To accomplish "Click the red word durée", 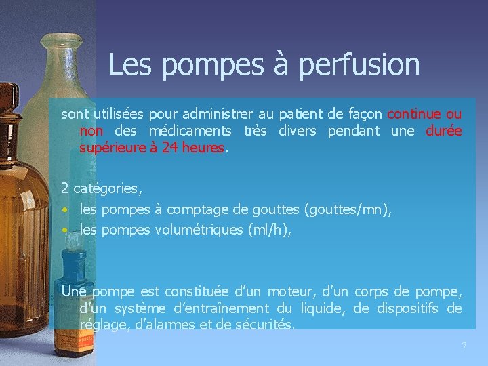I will click(x=444, y=130).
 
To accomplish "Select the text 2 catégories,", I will click(x=102, y=187).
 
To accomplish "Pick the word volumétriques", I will click(x=199, y=230).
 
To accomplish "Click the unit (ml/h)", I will click(x=269, y=230).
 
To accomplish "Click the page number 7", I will click(x=464, y=346).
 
